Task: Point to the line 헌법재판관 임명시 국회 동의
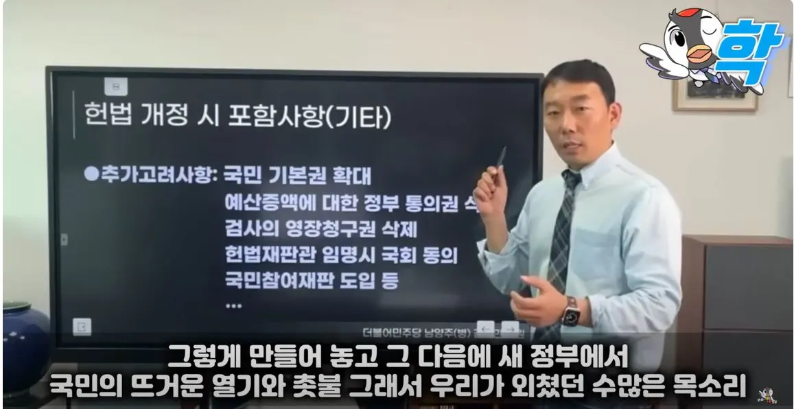(x=341, y=255)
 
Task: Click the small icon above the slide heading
(x=116, y=86)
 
